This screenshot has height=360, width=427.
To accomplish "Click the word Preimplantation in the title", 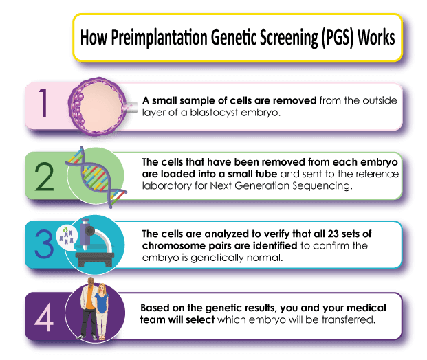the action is [159, 37].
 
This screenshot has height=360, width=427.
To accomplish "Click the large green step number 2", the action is [44, 177].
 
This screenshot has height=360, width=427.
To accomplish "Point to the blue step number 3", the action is [44, 243].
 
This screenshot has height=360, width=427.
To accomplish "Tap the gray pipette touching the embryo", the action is [131, 107].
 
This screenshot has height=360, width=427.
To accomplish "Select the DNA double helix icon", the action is [96, 177].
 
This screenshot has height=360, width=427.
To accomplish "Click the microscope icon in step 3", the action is [95, 243].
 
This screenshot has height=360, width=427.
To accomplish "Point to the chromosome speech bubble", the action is [67, 236].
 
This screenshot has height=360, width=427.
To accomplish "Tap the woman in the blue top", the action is [102, 312].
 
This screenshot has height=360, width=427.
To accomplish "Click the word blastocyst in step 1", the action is [214, 113].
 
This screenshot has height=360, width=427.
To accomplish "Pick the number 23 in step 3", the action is [333, 234].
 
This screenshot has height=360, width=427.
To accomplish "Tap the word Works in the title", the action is [376, 37].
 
